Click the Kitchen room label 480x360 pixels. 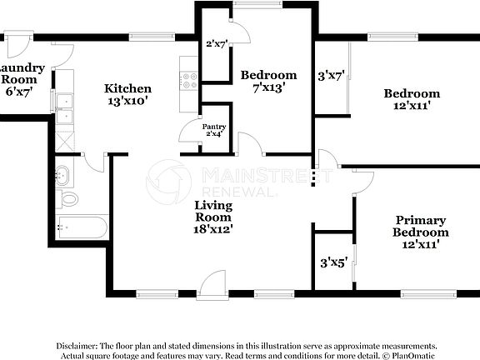pyautogui.click(x=127, y=88)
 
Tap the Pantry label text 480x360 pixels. pyautogui.click(x=216, y=127)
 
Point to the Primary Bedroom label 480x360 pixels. pyautogui.click(x=421, y=226)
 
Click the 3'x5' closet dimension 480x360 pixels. pyautogui.click(x=333, y=262)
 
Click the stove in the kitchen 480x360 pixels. pyautogui.click(x=189, y=80)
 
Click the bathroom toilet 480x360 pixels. pyautogui.click(x=68, y=198)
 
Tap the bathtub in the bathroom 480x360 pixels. pyautogui.click(x=82, y=226)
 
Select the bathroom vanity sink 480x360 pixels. pyautogui.click(x=63, y=176)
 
